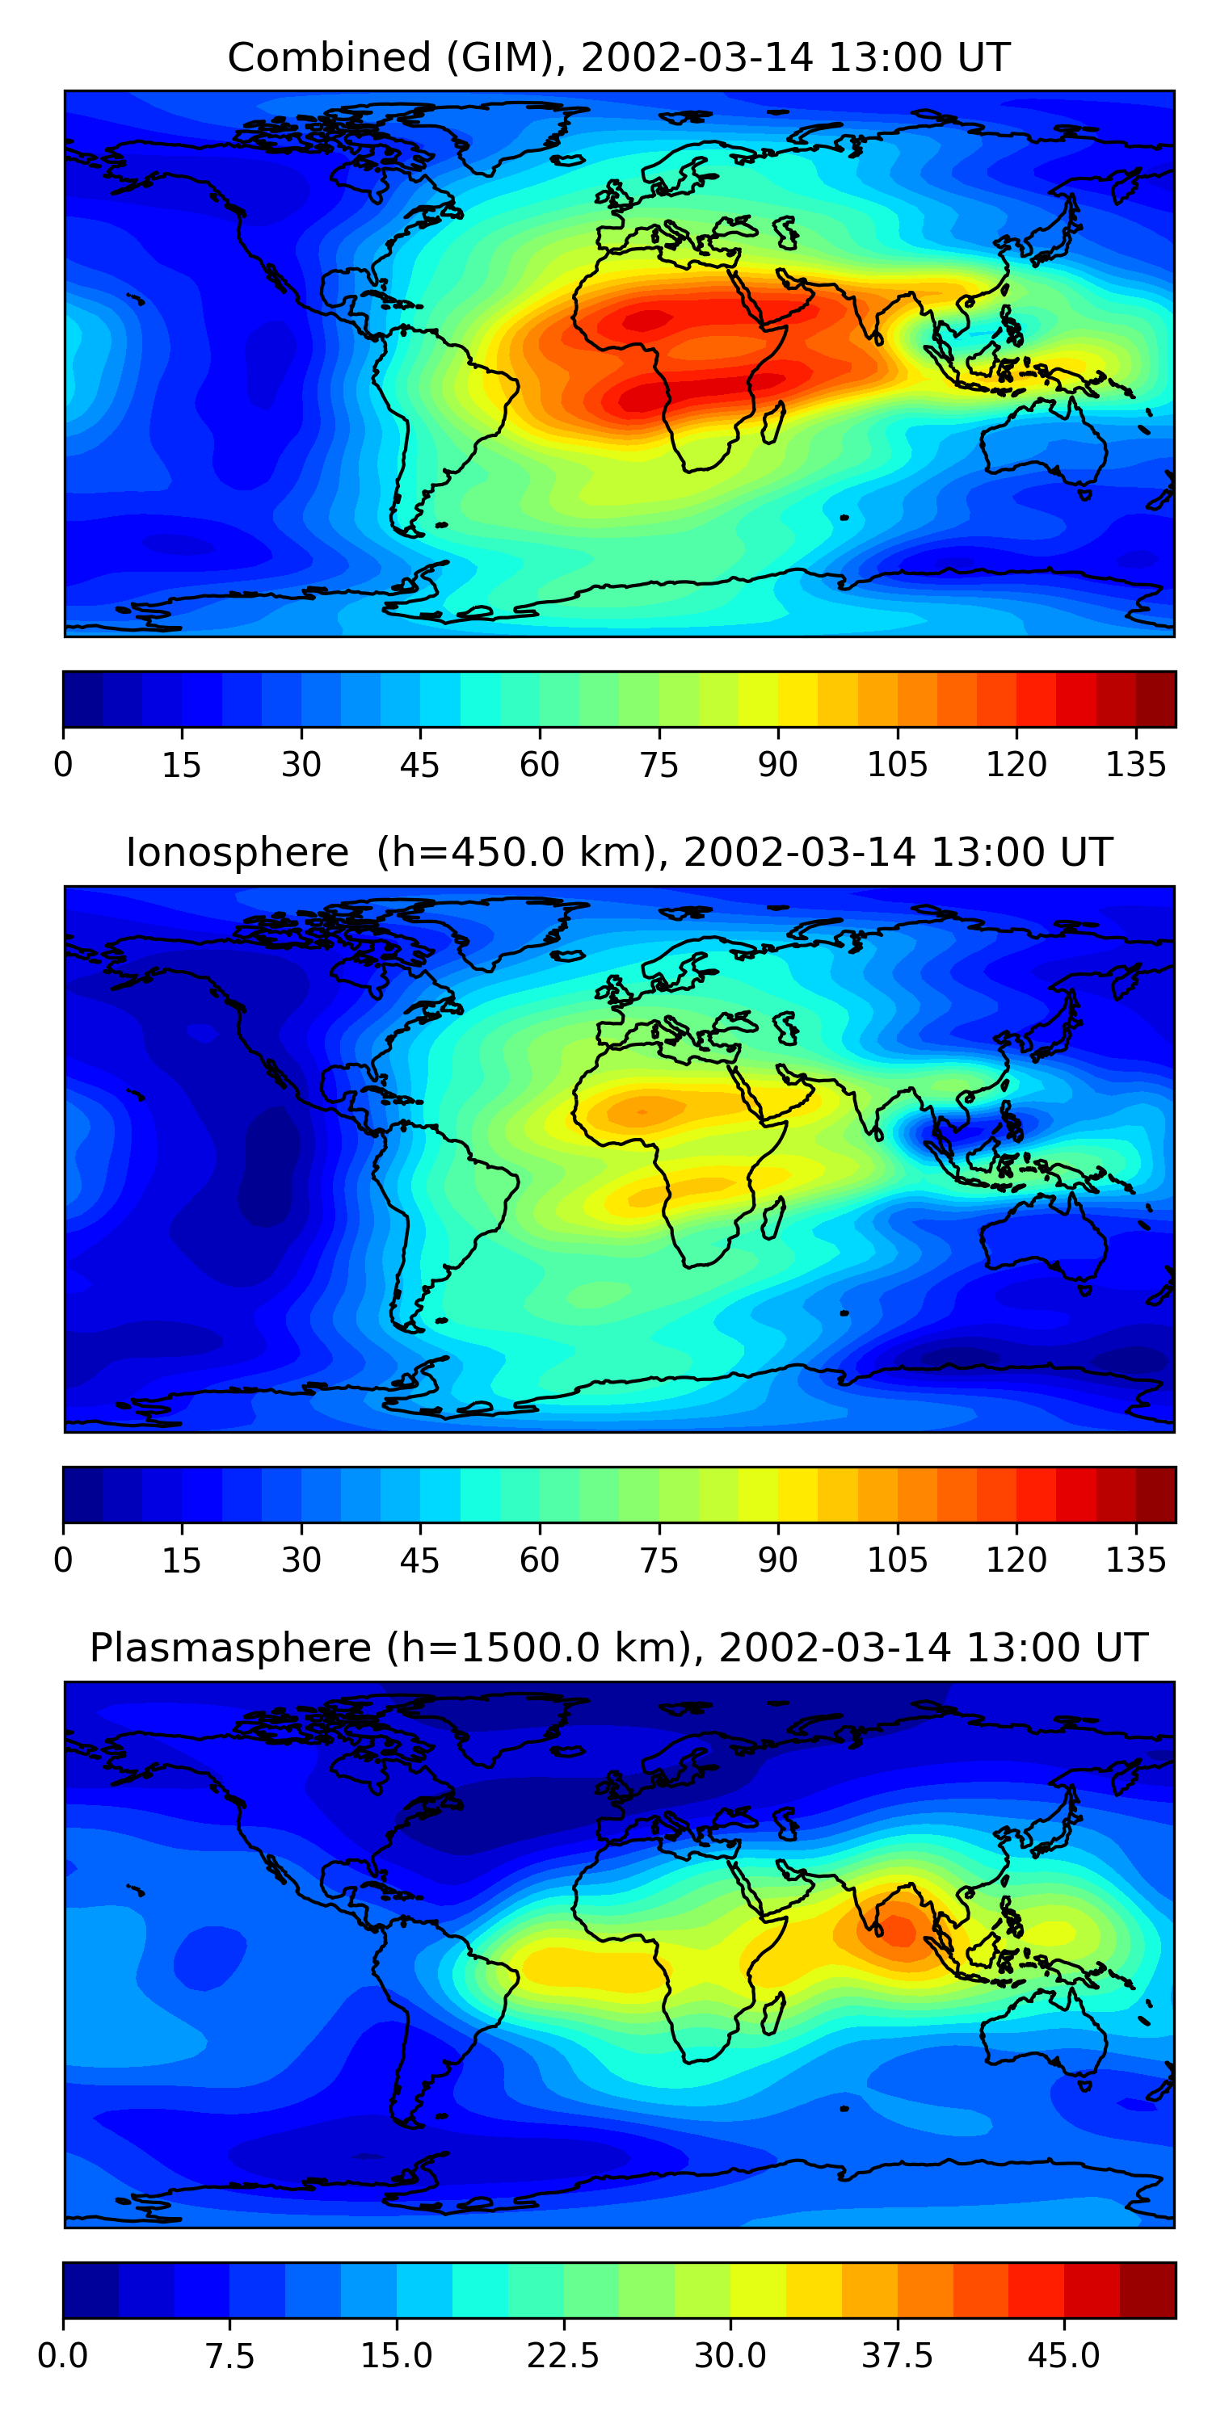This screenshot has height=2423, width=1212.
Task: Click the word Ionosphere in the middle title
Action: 237,852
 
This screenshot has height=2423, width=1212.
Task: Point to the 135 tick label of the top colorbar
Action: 1135,765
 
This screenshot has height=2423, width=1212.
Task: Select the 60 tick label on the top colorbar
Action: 539,765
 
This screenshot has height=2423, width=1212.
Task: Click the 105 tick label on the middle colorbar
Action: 897,1560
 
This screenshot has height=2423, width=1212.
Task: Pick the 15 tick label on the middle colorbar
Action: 182,1560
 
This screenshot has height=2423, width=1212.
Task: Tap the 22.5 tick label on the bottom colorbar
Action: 562,2356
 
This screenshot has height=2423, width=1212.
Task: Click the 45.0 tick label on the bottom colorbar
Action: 1063,2356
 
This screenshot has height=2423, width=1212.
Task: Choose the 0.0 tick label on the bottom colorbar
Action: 63,2356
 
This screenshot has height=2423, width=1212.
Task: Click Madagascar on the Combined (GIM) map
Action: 773,422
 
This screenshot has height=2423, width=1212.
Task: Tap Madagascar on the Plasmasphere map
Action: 773,2013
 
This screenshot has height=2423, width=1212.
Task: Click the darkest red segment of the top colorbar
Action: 1155,699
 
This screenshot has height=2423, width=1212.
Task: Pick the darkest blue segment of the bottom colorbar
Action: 90,2290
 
